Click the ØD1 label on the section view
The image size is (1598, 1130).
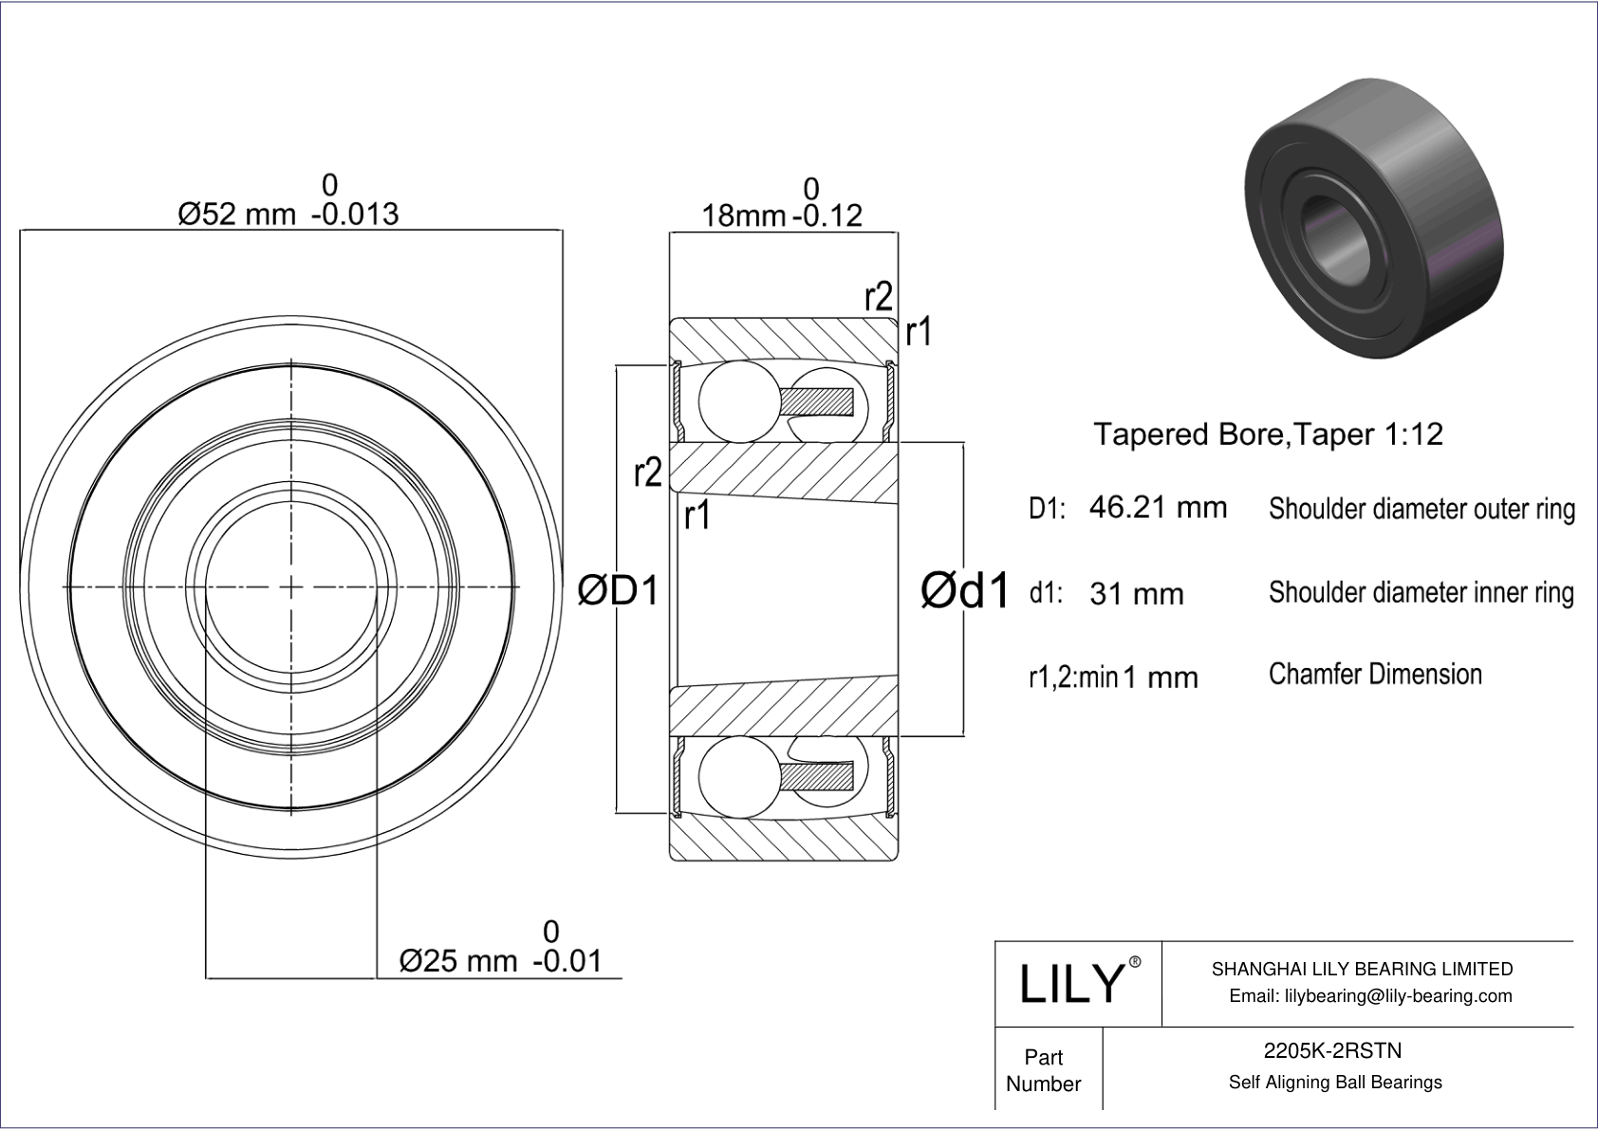pos(618,591)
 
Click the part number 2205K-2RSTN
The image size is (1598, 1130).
pos(1332,1050)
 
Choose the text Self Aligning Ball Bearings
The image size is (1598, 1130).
pos(1334,1082)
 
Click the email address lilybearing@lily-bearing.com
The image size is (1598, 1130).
pos(1370,995)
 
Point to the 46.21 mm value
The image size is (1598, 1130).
pos(1158,508)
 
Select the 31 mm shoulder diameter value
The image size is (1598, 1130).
pos(1136,594)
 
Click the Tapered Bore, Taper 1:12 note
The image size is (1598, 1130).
pos(1268,434)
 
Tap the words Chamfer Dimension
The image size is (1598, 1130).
pos(1374,674)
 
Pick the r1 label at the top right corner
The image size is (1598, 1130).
pos(918,333)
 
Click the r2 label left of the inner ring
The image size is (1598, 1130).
pos(647,472)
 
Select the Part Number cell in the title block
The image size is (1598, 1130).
pos(1044,1069)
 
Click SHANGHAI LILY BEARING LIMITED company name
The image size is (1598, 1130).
pos(1362,969)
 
